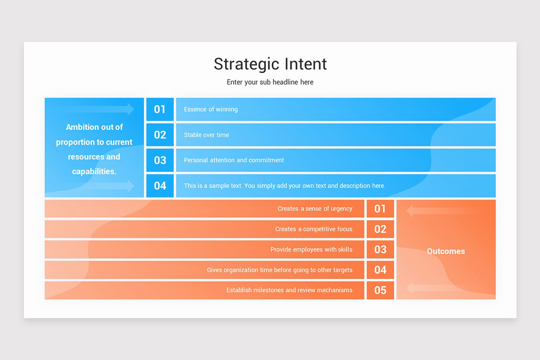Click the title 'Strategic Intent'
(x=270, y=64)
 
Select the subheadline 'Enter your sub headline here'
(x=270, y=82)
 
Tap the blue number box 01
(x=160, y=109)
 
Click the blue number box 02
(x=160, y=135)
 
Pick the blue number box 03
(x=160, y=160)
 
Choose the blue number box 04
(x=160, y=185)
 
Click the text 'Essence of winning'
(x=211, y=109)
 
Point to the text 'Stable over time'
(x=206, y=135)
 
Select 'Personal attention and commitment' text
(x=234, y=160)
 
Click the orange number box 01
(x=380, y=209)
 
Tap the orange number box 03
(x=380, y=249)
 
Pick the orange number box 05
(x=380, y=290)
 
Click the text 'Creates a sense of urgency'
(x=315, y=209)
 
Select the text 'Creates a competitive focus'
(x=314, y=229)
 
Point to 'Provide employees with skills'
(x=311, y=249)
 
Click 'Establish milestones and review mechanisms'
(x=289, y=290)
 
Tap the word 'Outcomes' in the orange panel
(x=445, y=252)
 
